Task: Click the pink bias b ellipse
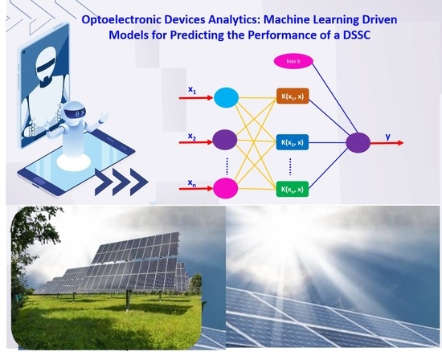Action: (293, 61)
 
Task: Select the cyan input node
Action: (226, 97)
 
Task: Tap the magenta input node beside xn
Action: (225, 188)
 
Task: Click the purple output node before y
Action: (358, 143)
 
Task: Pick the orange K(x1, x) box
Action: (293, 96)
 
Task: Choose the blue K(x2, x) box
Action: (293, 142)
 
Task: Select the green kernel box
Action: (293, 189)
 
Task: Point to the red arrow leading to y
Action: (387, 143)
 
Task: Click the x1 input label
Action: (192, 90)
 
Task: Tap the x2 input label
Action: (192, 137)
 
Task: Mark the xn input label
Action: (192, 183)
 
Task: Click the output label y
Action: (388, 137)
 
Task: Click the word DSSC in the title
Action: (357, 35)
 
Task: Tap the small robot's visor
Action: (76, 113)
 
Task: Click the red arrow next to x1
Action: (196, 98)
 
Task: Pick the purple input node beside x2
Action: (225, 140)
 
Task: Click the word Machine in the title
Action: (285, 20)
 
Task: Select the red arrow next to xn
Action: (196, 188)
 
